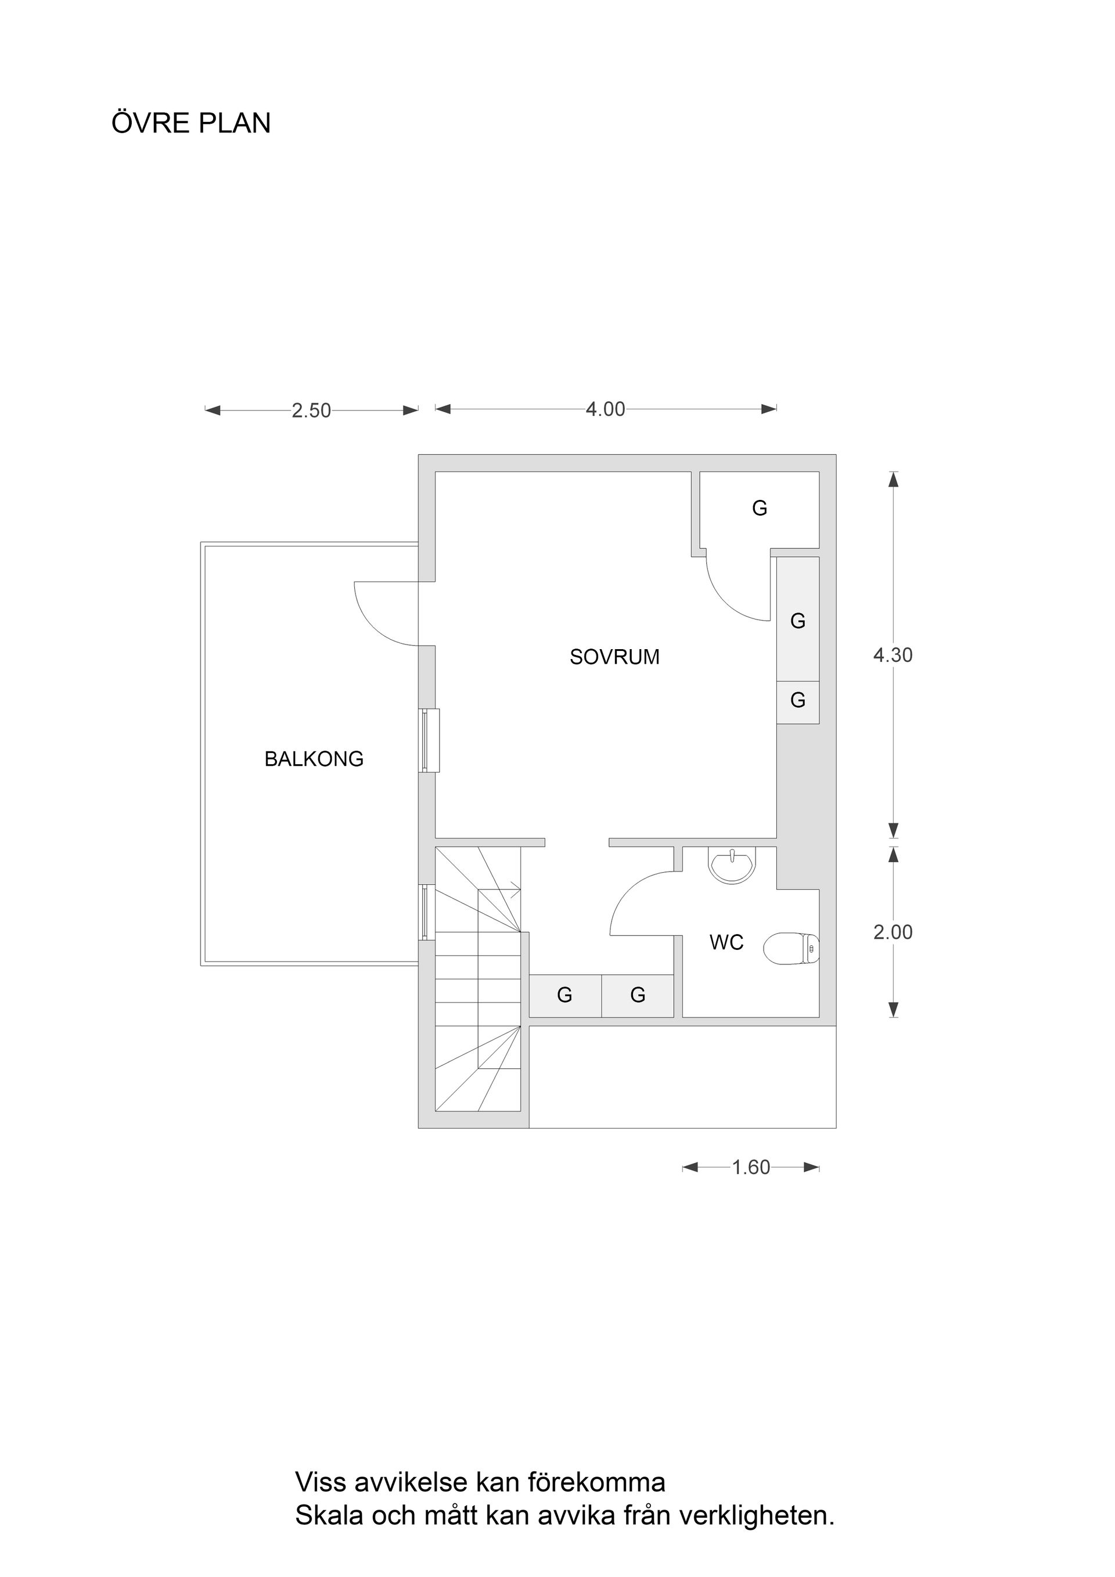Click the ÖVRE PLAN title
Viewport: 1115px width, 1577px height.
point(191,124)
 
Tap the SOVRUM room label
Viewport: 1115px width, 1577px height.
point(614,657)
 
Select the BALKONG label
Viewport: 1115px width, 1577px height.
point(314,759)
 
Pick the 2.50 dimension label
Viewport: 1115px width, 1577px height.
point(311,411)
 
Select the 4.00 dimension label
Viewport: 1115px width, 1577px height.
point(605,409)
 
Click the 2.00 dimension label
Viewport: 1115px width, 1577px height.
point(893,932)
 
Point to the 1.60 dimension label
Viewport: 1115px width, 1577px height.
point(751,1168)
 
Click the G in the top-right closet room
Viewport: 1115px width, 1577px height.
point(759,508)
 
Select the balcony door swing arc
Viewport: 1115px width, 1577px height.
point(378,622)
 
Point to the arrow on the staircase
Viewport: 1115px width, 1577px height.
point(513,891)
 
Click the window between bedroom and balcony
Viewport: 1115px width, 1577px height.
point(430,741)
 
